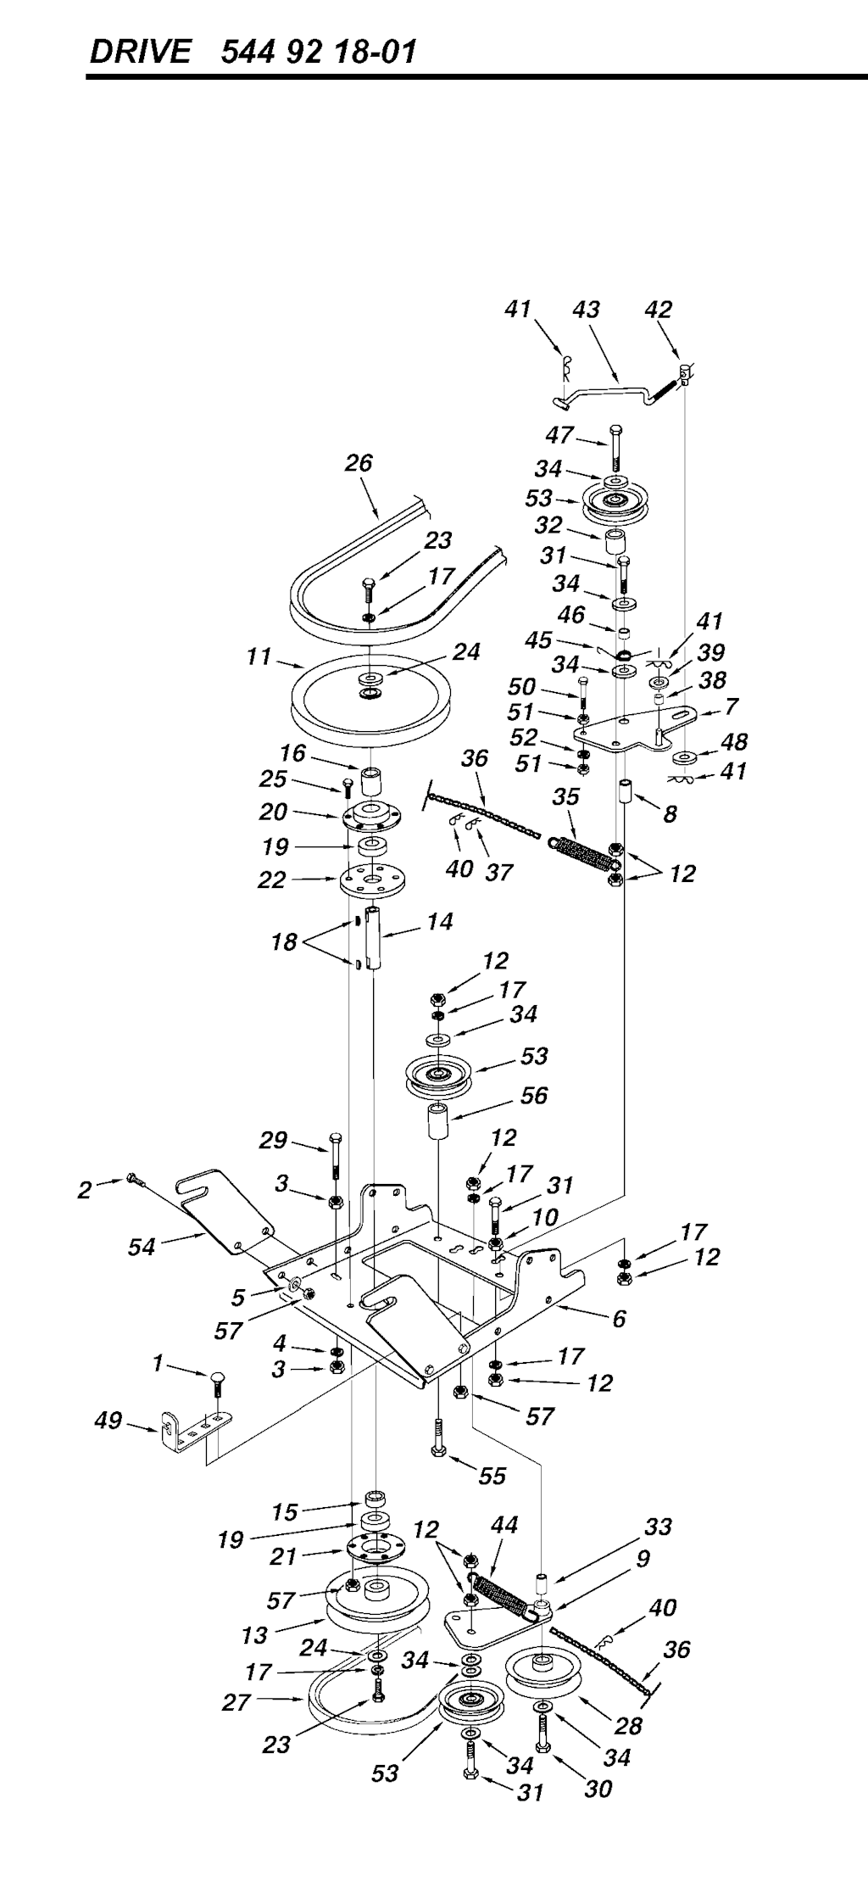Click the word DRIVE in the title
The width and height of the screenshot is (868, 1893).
[140, 53]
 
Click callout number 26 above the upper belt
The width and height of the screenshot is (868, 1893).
[359, 463]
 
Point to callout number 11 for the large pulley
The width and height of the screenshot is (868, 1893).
[259, 656]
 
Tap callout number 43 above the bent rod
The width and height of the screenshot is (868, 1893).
[586, 310]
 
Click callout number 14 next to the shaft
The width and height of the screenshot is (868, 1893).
[440, 921]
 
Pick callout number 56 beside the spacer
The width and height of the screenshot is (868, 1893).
[534, 1095]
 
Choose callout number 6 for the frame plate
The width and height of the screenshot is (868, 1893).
[619, 1318]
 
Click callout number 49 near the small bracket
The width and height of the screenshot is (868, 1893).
[108, 1420]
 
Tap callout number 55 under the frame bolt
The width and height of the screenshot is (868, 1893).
[492, 1477]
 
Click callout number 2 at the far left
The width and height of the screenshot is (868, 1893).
[84, 1190]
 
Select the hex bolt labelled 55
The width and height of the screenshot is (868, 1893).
[438, 1440]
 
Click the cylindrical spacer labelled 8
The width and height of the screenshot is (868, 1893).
[626, 792]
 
